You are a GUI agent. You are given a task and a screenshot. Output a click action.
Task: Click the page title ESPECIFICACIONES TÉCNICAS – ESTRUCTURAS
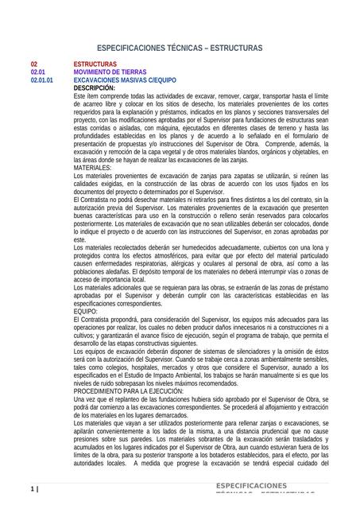(x=179, y=48)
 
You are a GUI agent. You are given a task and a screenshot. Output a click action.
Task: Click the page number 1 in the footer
(x=33, y=488)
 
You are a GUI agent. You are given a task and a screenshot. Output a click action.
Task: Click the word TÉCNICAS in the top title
(x=181, y=48)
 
